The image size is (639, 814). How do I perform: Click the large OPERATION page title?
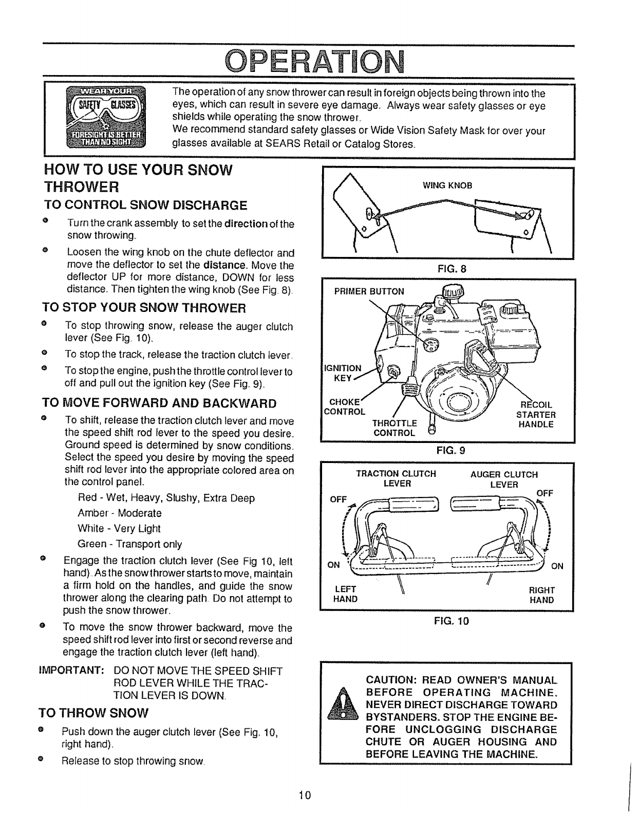click(x=319, y=61)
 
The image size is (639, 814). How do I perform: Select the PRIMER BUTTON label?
click(x=369, y=291)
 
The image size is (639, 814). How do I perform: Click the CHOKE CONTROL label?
click(x=344, y=406)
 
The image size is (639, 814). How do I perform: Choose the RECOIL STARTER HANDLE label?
click(x=535, y=414)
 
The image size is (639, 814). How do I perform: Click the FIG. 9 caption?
click(x=450, y=451)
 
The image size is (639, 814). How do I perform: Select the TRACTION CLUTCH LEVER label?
click(x=397, y=478)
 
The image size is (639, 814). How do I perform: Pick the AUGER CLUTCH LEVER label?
click(x=504, y=479)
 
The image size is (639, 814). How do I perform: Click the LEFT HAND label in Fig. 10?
click(x=345, y=595)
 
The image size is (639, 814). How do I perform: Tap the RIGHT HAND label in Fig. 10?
click(x=541, y=595)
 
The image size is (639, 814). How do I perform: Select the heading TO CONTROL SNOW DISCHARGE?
click(x=145, y=206)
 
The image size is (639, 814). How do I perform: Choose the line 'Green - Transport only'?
click(x=129, y=544)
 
